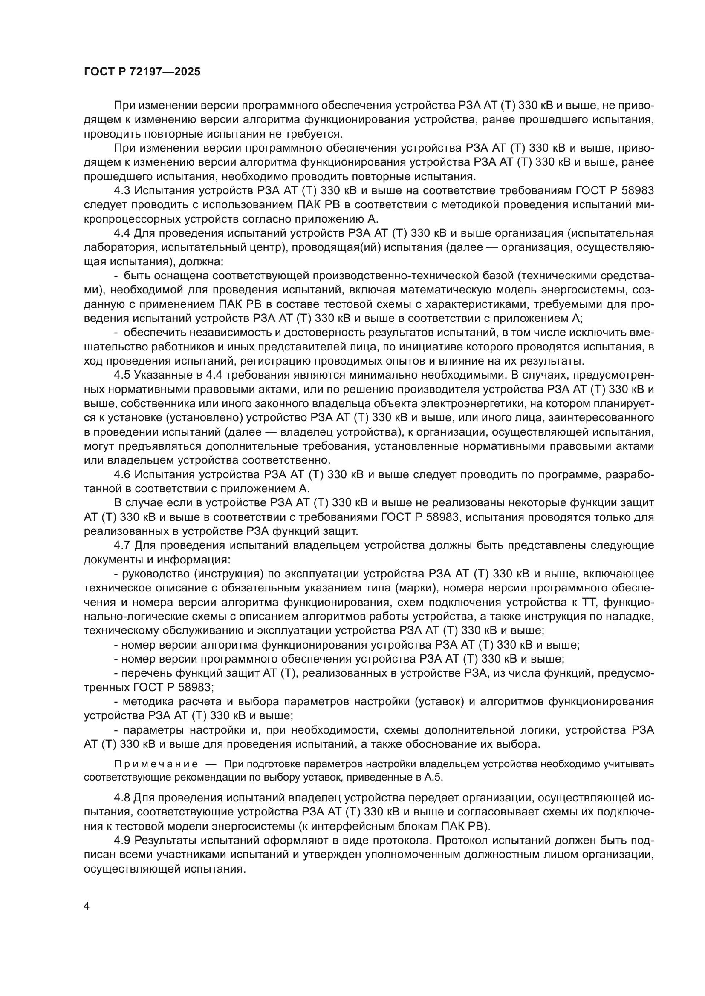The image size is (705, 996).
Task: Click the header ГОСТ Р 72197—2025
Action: click(142, 72)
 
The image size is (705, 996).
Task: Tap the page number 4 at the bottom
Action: click(87, 907)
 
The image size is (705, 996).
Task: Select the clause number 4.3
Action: click(123, 191)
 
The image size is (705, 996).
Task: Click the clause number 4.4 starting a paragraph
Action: click(122, 233)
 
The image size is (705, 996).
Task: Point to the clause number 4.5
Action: click(122, 375)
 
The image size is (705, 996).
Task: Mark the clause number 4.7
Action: click(122, 545)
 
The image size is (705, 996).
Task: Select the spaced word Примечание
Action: click(156, 764)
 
